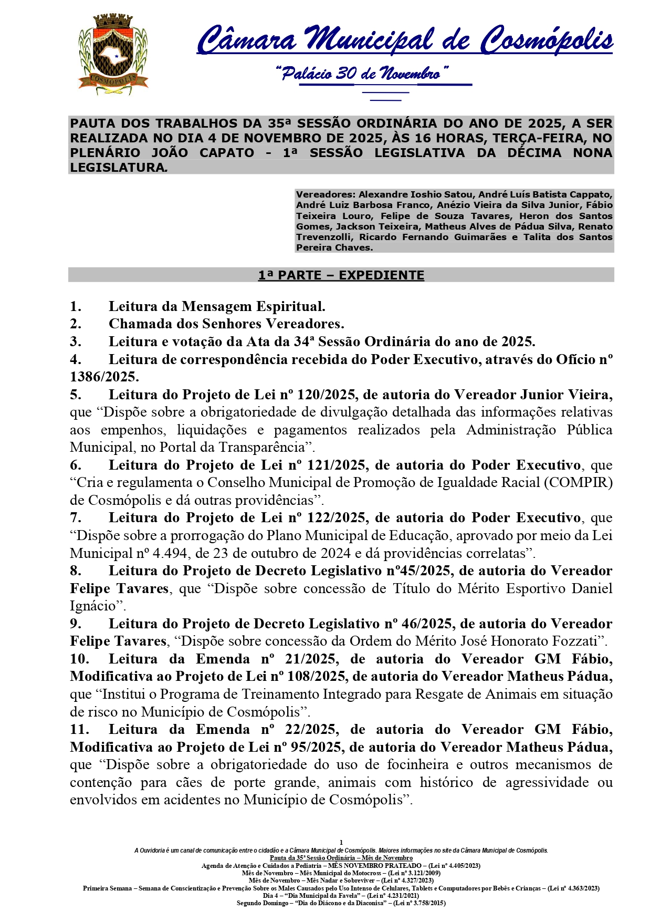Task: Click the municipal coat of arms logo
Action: click(x=112, y=55)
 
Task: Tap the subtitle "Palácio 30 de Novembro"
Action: click(x=362, y=73)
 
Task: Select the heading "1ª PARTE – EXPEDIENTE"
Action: click(x=341, y=275)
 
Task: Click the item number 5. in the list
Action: click(x=76, y=395)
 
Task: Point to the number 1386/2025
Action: click(x=104, y=377)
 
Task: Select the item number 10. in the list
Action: click(x=79, y=659)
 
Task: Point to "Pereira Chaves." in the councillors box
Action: click(x=334, y=248)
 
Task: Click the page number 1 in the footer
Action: click(x=341, y=843)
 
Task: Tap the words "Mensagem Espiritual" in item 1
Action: click(x=253, y=307)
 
